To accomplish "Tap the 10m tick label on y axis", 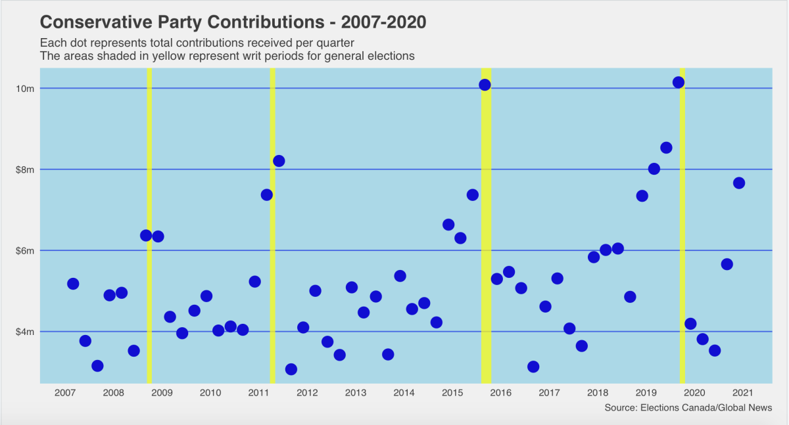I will point(26,88).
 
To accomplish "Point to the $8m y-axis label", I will point(26,169).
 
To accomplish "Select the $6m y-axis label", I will point(26,250).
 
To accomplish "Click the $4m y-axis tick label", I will point(26,332).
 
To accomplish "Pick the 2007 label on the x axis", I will point(64,393).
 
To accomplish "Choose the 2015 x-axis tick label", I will point(452,393).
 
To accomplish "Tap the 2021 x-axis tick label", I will point(742,393).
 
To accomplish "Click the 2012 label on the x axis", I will point(307,393).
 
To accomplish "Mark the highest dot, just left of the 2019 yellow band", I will point(679,82).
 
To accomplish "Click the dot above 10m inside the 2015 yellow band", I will point(485,85).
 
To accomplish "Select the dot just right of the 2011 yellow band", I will point(279,161).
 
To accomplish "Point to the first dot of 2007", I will point(73,284).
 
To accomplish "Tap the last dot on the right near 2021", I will point(739,183).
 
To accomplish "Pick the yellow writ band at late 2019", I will point(682,230).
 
